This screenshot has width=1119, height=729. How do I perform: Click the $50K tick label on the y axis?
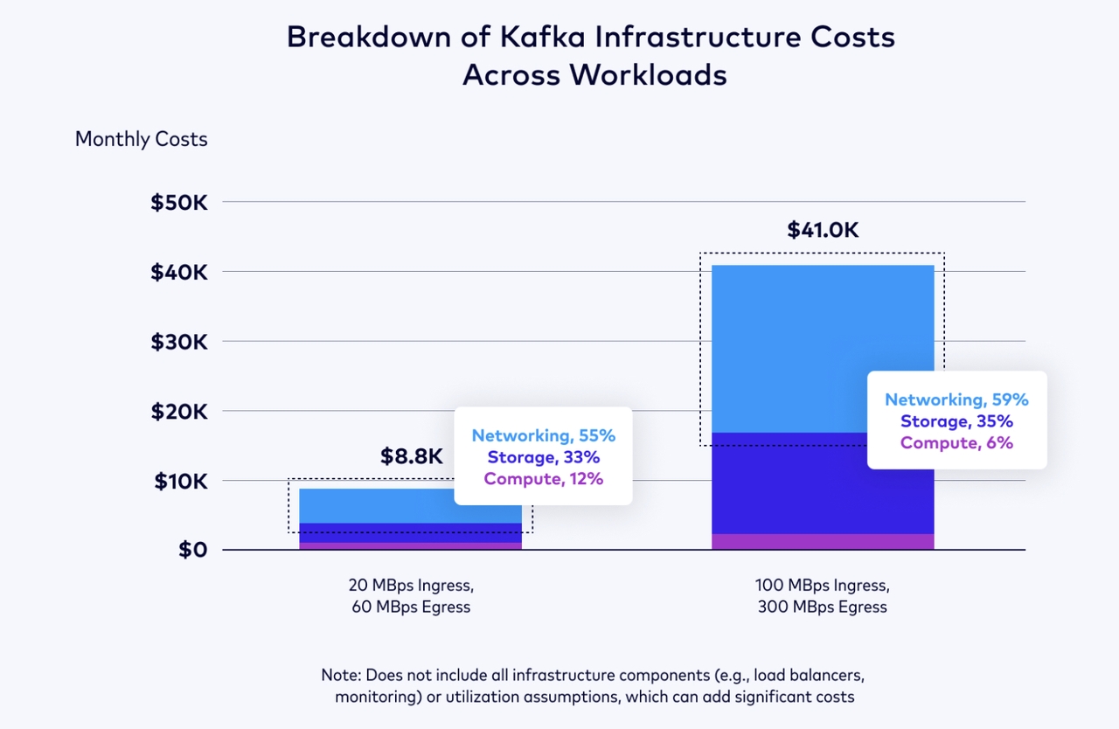[x=179, y=203]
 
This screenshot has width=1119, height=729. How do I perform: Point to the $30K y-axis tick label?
[x=179, y=342]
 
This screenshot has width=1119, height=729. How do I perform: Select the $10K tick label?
[x=180, y=481]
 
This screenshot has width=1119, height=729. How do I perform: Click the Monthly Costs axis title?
[x=142, y=139]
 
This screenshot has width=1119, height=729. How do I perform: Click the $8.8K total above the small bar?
[x=412, y=456]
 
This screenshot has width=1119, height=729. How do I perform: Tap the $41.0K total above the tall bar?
[x=823, y=230]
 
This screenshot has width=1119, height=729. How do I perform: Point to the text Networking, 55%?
[x=544, y=435]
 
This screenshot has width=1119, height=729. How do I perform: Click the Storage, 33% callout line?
[x=544, y=457]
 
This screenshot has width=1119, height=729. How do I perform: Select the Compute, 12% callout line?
[x=544, y=478]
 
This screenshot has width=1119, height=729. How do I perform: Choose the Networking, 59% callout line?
[x=956, y=399]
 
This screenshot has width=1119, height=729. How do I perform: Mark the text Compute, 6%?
[x=956, y=442]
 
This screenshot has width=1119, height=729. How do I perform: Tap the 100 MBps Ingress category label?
[x=822, y=585]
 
